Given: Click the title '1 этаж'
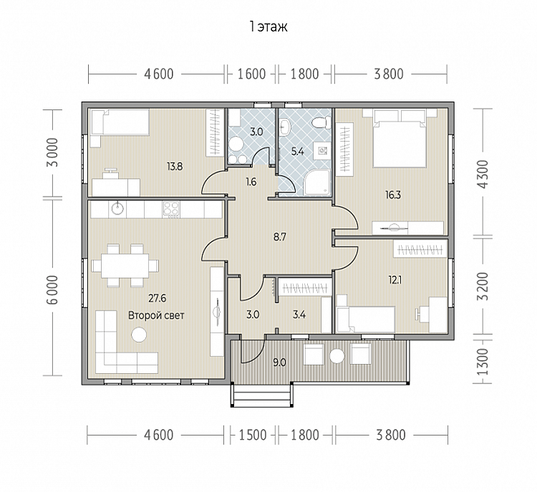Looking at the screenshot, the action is pyautogui.click(x=268, y=26).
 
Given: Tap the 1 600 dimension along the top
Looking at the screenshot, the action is pyautogui.click(x=251, y=74).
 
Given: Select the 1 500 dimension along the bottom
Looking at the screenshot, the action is pyautogui.click(x=253, y=436).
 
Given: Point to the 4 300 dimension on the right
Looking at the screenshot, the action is pyautogui.click(x=483, y=174).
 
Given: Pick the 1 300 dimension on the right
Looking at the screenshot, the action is pyautogui.click(x=483, y=362).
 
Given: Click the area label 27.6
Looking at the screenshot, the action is pyautogui.click(x=158, y=298).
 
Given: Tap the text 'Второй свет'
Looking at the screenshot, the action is pyautogui.click(x=156, y=315).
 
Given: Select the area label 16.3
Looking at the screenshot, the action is pyautogui.click(x=393, y=195).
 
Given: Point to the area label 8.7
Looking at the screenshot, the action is pyautogui.click(x=280, y=237).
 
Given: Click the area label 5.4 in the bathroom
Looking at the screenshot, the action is pyautogui.click(x=297, y=151).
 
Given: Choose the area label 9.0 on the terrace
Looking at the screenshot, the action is pyautogui.click(x=279, y=363).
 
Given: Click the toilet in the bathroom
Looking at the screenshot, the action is pyautogui.click(x=321, y=122).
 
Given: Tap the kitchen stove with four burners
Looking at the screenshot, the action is pyautogui.click(x=171, y=210).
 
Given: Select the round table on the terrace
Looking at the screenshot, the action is pyautogui.click(x=337, y=356).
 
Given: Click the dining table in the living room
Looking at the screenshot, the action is pyautogui.click(x=125, y=265).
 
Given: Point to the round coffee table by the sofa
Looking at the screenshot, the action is pyautogui.click(x=139, y=334).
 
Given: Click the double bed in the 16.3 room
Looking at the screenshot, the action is pyautogui.click(x=400, y=139).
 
